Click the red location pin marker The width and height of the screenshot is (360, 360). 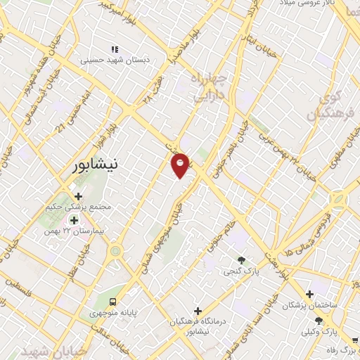point(181,165)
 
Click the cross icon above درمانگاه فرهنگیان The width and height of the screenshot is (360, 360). point(198,310)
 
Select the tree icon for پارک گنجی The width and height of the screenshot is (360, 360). point(242,261)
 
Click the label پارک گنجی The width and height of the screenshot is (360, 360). point(240,271)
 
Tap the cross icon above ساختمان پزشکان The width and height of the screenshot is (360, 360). point(309,294)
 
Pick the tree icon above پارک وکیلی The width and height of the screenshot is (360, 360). point(318,319)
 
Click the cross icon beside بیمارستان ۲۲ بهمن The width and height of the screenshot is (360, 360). point(73,221)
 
